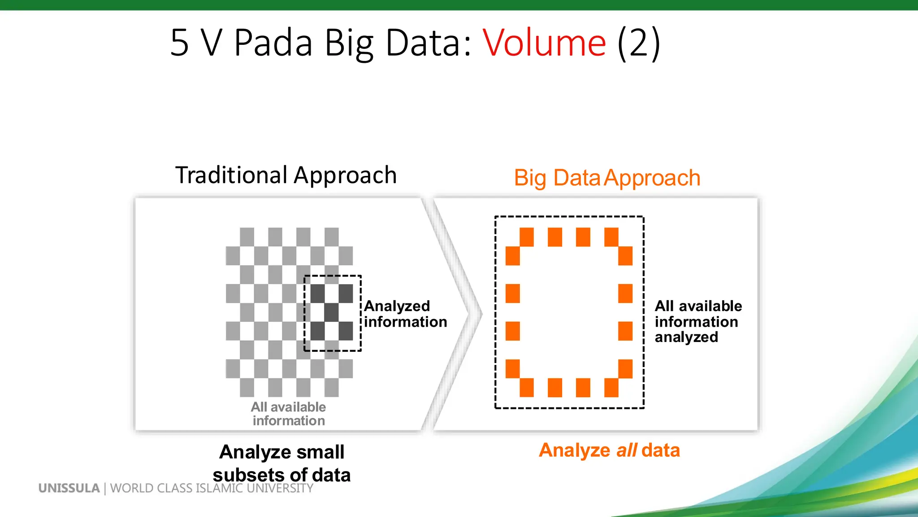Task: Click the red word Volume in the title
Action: point(544,43)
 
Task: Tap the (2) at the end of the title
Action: point(638,43)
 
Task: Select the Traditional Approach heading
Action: point(286,175)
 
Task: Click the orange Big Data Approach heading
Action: point(607,178)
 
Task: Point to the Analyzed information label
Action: point(405,314)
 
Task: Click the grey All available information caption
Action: point(288,413)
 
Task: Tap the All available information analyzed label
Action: point(697,321)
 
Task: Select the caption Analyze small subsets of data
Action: point(281,463)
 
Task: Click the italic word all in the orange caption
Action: point(626,450)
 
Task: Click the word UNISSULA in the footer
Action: point(69,488)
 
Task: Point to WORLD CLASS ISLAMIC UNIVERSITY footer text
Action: point(212,488)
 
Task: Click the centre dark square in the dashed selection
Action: point(332,312)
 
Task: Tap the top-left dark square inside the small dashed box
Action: point(317,294)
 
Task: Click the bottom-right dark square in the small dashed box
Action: point(346,331)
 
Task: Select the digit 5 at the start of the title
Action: point(179,43)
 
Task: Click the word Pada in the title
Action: point(273,43)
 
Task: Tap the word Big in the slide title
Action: point(349,43)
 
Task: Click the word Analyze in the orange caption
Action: point(574,450)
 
